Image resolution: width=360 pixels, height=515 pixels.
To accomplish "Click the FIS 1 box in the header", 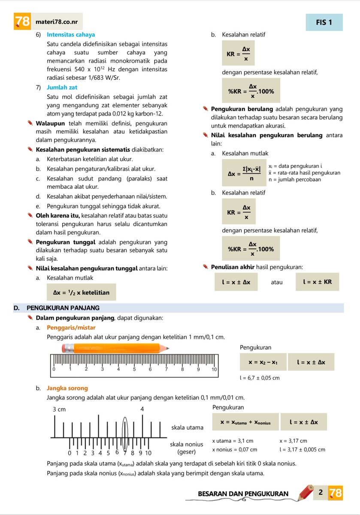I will click(324, 22).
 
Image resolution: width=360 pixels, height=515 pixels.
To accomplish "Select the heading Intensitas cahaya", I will click(71, 35).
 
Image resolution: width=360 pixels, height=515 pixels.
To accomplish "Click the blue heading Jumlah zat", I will click(63, 88).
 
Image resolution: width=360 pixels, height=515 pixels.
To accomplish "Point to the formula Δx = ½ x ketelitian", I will click(81, 293).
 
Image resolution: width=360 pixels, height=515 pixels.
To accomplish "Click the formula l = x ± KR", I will click(317, 282).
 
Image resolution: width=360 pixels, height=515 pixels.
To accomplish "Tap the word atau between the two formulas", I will click(277, 282).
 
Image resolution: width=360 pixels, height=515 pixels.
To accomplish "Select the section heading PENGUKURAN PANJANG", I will click(63, 308).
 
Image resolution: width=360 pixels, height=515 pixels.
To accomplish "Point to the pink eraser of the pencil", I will click(66, 348).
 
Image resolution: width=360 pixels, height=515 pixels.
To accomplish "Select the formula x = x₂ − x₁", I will click(263, 362).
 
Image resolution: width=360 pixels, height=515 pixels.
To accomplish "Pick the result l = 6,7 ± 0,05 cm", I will click(260, 378).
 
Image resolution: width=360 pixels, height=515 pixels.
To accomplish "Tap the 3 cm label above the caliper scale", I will click(59, 409).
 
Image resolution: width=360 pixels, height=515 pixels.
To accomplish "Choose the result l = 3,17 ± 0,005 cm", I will click(302, 450).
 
